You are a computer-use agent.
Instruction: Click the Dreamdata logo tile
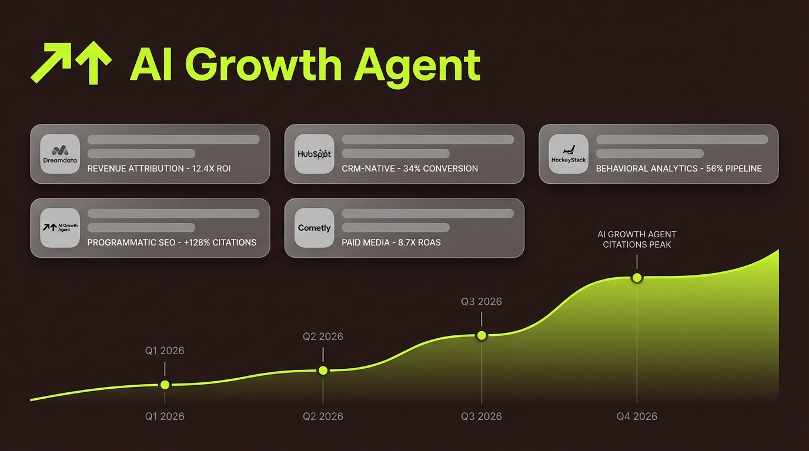point(60,153)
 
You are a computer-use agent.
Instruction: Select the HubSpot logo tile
point(314,153)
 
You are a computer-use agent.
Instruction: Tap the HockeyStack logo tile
point(569,153)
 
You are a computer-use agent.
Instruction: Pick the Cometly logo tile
point(314,227)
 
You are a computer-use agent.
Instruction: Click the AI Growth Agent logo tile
point(60,227)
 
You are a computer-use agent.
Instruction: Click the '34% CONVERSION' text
point(440,169)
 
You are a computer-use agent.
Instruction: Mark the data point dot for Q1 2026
point(165,385)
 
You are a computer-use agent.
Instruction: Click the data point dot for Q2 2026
point(323,371)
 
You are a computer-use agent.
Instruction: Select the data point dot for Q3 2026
point(482,335)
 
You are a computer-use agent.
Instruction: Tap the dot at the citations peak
point(637,278)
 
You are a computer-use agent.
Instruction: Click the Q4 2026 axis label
point(637,416)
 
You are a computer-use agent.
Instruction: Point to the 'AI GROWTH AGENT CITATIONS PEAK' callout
point(637,239)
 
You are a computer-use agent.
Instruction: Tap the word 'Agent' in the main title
point(417,66)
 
